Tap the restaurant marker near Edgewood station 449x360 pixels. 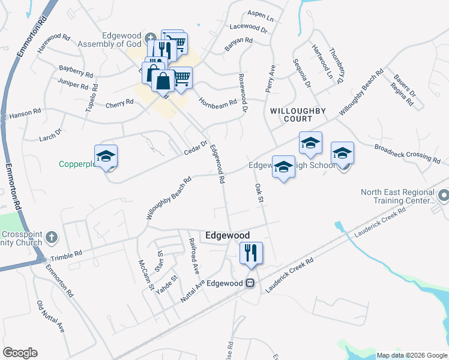[x=251, y=253]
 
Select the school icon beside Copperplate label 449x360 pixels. [x=106, y=157]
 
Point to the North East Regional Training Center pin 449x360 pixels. [x=444, y=196]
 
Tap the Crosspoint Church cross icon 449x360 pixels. [x=52, y=236]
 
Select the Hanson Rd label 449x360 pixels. [x=25, y=112]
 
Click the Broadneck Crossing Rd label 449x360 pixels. [x=406, y=154]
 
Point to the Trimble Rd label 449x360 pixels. [x=65, y=256]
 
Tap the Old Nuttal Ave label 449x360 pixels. [x=50, y=317]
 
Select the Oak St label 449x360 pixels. [x=260, y=193]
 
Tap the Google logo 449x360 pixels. [x=20, y=353]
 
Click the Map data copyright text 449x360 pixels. [x=412, y=355]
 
